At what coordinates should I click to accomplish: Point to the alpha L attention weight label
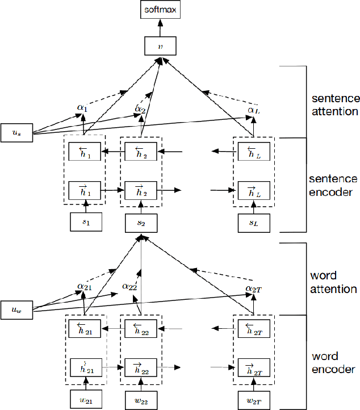[253, 110]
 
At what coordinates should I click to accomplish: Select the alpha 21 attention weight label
[85, 287]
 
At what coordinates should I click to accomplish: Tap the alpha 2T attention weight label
[253, 289]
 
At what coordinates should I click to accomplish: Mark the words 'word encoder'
[333, 362]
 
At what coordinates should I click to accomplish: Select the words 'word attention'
[333, 283]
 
